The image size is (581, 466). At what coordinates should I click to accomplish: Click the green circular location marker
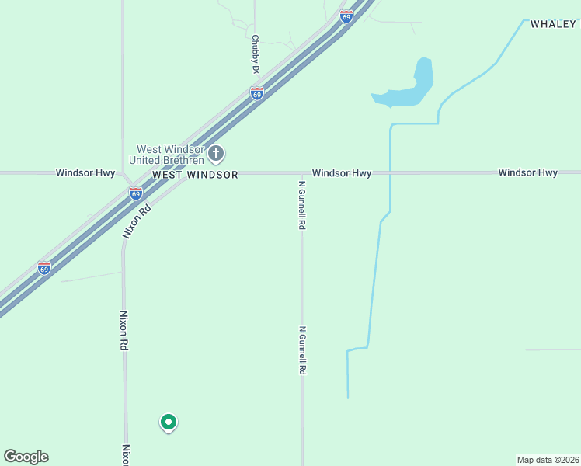168,422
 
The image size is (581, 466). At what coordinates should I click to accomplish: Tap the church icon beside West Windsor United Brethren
216,152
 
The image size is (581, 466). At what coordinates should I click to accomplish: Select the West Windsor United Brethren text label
170,155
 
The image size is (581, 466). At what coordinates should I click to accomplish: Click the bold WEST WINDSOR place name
195,175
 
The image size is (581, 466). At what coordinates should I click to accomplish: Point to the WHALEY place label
553,24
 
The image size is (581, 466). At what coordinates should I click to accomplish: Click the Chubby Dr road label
255,54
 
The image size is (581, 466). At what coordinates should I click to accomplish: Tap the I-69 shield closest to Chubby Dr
257,93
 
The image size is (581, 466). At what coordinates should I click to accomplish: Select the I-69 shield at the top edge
346,15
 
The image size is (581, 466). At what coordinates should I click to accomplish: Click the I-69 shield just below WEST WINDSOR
136,193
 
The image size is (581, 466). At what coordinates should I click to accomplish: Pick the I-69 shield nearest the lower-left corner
44,268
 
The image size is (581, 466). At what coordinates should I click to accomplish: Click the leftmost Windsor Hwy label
85,172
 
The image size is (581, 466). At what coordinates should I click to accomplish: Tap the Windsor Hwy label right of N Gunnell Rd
342,172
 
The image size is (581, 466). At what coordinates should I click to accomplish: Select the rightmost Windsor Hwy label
527,172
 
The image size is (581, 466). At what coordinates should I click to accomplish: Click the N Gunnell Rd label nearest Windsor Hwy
302,204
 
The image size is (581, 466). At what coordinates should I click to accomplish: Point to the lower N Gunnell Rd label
302,350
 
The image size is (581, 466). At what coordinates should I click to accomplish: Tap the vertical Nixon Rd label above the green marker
123,331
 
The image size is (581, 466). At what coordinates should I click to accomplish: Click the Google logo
26,457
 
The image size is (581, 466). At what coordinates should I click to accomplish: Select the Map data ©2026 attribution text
548,460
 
